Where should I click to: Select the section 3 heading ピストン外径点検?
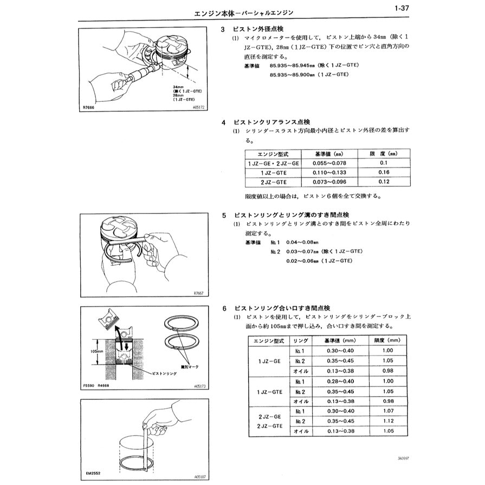[257, 29]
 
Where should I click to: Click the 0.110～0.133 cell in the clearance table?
[329, 172]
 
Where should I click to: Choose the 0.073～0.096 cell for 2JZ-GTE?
[329, 182]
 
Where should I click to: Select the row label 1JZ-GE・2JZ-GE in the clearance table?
[273, 163]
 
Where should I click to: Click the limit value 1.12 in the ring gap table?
[387, 421]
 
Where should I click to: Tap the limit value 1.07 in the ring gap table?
[387, 411]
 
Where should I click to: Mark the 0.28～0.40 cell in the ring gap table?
[340, 381]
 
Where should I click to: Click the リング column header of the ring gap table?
[301, 340]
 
